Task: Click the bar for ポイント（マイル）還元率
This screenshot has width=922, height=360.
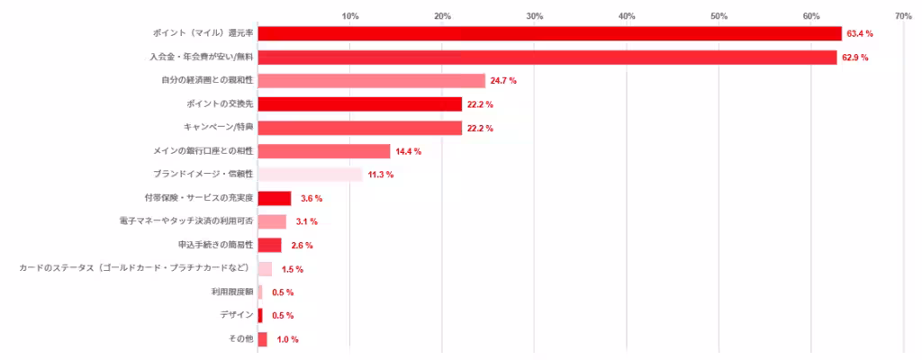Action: pos(549,33)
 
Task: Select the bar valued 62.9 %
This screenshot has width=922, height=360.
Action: pos(547,58)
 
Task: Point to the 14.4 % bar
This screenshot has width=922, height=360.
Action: pos(324,151)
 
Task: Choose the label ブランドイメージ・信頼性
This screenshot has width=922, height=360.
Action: pos(204,175)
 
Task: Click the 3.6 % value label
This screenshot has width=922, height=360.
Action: pos(312,198)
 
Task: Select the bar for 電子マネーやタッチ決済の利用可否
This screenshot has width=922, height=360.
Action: pos(272,221)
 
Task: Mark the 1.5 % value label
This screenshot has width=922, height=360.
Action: pos(292,269)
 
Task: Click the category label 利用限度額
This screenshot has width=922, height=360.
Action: pos(232,292)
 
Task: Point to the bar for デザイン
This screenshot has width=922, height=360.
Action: pos(260,315)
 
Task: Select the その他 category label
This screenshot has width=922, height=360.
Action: pos(242,339)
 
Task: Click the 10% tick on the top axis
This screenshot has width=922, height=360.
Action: pos(350,16)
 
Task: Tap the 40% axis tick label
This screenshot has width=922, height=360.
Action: pos(627,16)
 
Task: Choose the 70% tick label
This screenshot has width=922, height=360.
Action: pos(903,16)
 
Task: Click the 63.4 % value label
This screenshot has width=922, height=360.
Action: pos(860,33)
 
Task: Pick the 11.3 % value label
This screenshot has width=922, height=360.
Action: pos(381,175)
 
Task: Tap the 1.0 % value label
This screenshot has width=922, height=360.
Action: pos(287,339)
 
